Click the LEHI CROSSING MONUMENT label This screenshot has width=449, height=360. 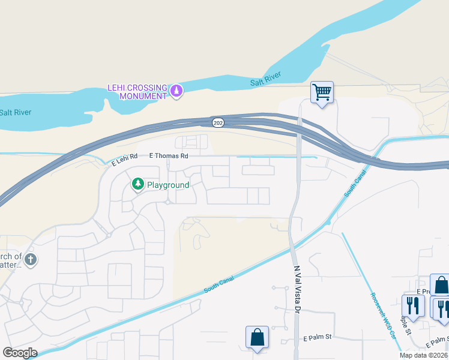[x=137, y=91]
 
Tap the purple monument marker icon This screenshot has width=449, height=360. [x=176, y=91]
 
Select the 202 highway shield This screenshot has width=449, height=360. [x=218, y=122]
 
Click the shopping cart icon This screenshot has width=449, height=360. [x=322, y=92]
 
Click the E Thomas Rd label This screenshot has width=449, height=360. [x=169, y=155]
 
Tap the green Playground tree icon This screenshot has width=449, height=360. [x=137, y=183]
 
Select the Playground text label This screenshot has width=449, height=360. [x=168, y=185]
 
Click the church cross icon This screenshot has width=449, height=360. [x=31, y=260]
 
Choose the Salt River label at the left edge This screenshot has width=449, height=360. [x=16, y=112]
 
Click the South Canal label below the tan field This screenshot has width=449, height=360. [x=220, y=281]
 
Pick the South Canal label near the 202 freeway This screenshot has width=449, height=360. [x=355, y=184]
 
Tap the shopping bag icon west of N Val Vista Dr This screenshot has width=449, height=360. [x=257, y=337]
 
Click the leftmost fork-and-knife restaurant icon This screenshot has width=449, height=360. [x=412, y=305]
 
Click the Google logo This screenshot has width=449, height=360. [x=20, y=353]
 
